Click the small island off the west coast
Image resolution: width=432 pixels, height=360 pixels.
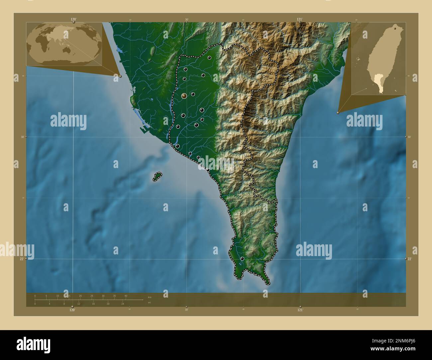click(x=157, y=176)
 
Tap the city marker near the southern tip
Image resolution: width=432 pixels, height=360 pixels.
click(x=242, y=258)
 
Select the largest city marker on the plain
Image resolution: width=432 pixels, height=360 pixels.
click(x=184, y=96)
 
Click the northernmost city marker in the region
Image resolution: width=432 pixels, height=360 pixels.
click(x=209, y=58)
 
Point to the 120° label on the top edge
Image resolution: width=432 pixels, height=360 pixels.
click(x=74, y=19)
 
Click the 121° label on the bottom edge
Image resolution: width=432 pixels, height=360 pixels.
click(x=300, y=310)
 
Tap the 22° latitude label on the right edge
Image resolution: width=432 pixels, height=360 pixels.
click(x=410, y=259)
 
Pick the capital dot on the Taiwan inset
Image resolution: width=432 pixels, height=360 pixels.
click(x=394, y=29)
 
